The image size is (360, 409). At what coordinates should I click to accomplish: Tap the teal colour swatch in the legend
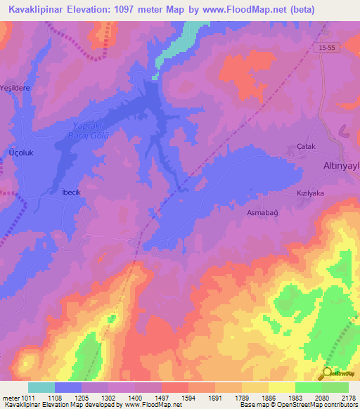[41, 387]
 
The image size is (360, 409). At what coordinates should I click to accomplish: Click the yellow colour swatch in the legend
[281, 387]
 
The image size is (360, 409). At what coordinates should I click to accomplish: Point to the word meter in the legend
[11, 397]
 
